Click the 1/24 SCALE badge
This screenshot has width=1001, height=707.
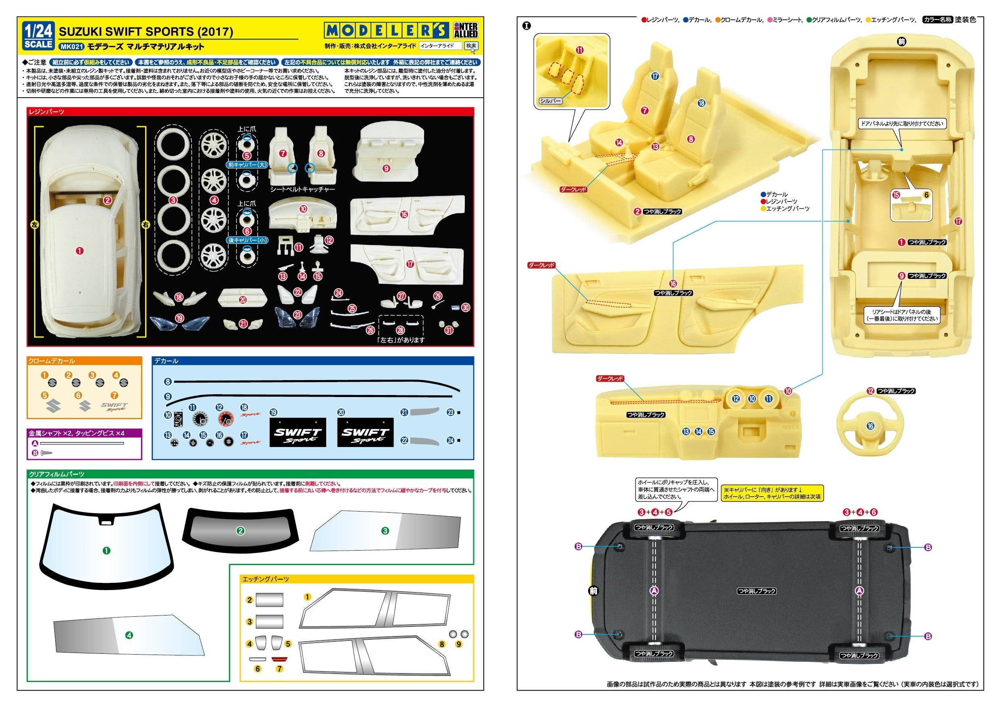pyautogui.click(x=38, y=36)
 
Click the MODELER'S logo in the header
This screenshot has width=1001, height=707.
pyautogui.click(x=386, y=31)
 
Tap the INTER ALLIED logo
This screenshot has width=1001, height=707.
pyautogui.click(x=466, y=30)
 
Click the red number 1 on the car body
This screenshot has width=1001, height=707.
pyautogui.click(x=79, y=251)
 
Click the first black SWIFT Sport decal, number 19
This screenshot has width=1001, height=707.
pyautogui.click(x=298, y=433)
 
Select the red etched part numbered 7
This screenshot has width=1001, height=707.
pyautogui.click(x=279, y=659)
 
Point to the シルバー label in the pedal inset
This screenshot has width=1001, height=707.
pyautogui.click(x=551, y=101)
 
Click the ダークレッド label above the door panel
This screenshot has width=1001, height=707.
pyautogui.click(x=541, y=265)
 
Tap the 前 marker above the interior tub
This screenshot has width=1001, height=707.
pyautogui.click(x=901, y=42)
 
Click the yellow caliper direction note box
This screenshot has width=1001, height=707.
pyautogui.click(x=772, y=493)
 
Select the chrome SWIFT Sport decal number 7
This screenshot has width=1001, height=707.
pyautogui.click(x=114, y=407)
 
